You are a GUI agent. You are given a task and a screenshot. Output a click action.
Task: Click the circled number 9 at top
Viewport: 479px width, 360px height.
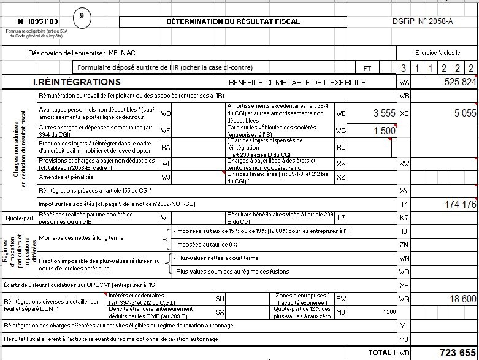(x=83, y=17)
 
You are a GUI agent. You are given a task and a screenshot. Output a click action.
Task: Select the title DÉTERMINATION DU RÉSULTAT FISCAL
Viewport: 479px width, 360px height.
(x=233, y=21)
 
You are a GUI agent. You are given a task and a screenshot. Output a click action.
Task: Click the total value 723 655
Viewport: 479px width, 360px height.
(x=457, y=353)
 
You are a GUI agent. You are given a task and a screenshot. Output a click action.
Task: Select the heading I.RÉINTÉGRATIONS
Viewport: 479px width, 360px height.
(x=77, y=82)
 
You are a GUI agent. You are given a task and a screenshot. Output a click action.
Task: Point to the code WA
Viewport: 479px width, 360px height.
(x=404, y=82)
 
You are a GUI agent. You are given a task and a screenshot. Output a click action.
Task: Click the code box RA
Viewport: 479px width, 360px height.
(x=166, y=147)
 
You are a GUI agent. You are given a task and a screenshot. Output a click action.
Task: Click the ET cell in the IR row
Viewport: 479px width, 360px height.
(x=367, y=68)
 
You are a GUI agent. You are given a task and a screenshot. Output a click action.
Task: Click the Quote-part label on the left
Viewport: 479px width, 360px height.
(x=18, y=218)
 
